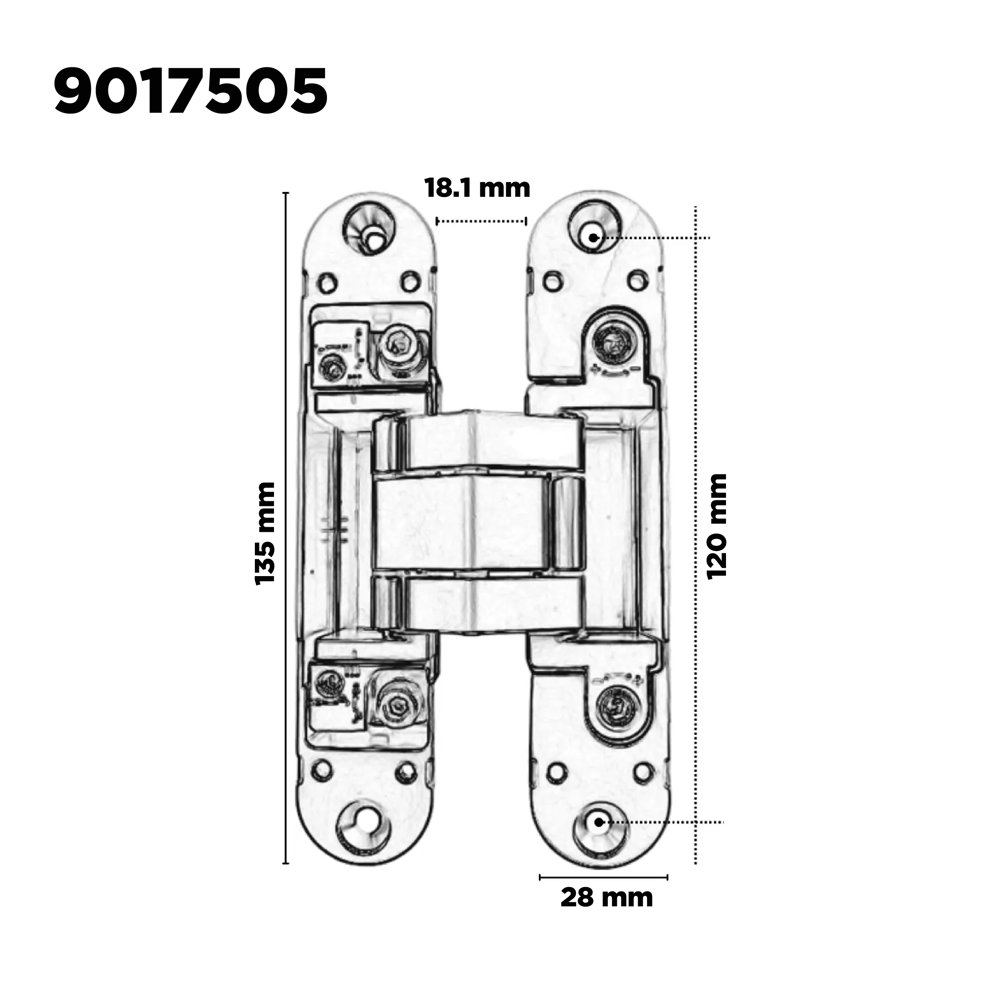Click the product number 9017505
pos(191,91)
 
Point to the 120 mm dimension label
pos(716,527)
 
